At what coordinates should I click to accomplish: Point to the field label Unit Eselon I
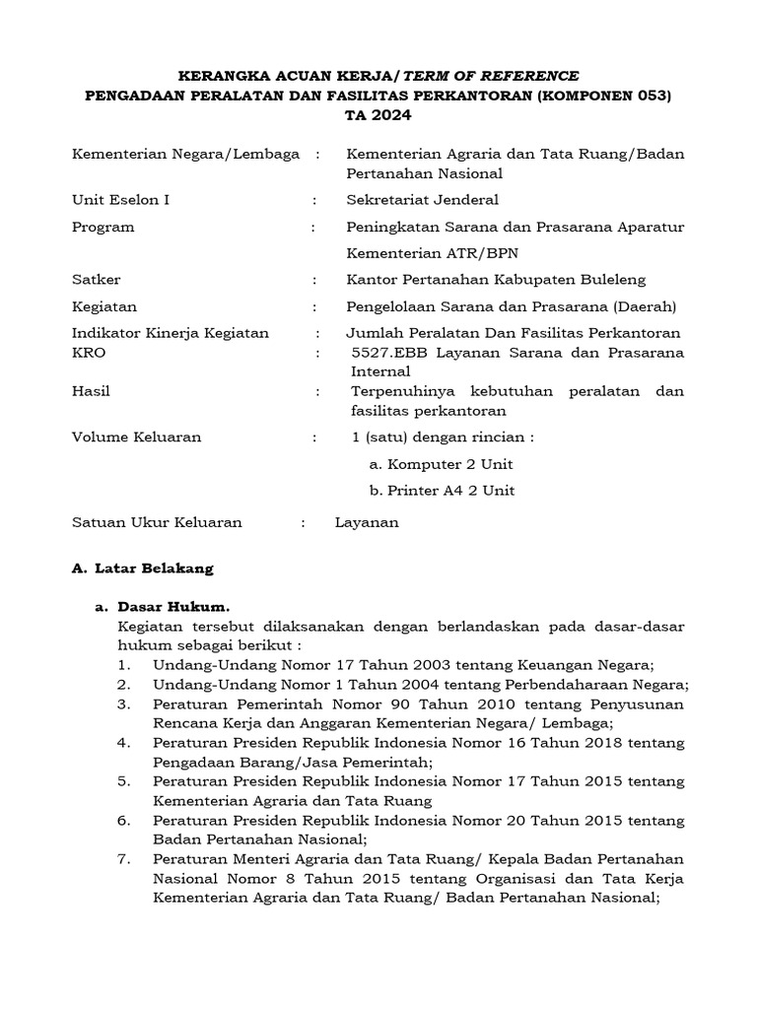121,200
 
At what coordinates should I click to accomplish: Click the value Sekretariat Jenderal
422,200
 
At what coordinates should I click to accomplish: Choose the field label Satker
97,280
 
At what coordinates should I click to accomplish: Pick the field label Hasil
92,391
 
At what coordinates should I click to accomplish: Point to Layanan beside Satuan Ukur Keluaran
367,523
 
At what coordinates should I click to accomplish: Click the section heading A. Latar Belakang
143,569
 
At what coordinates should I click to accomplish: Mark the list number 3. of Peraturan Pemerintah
123,705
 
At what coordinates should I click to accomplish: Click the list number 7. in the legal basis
123,858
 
